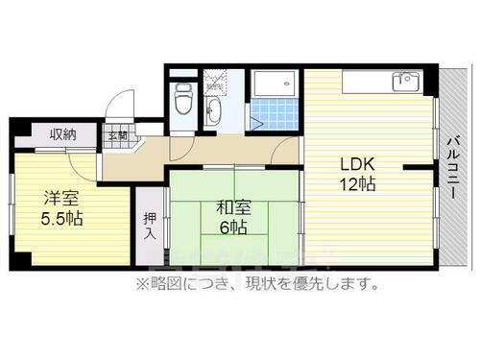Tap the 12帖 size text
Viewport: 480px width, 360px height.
tap(355, 184)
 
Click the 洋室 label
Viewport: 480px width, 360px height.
tap(61, 199)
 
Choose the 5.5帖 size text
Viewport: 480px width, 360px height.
tap(62, 219)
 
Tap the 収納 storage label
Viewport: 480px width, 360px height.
tap(61, 135)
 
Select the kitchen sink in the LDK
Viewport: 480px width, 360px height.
tap(407, 81)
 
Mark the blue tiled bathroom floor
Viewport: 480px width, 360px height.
tap(277, 112)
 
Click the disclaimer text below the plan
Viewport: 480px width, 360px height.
tap(256, 283)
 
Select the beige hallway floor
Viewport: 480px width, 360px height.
tap(202, 152)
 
